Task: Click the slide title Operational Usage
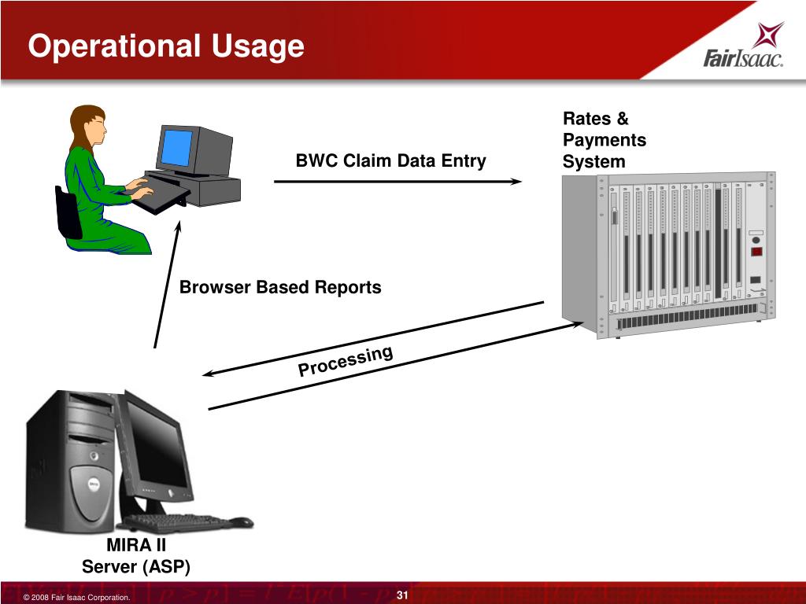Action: pos(166,46)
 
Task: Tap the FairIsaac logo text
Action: pos(742,59)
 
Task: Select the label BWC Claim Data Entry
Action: pos(390,161)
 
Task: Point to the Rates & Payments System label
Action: pos(604,141)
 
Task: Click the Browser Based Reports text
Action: pos(280,288)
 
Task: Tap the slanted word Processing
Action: pos(346,362)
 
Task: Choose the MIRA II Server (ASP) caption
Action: pos(136,556)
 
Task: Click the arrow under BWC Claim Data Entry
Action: pos(397,182)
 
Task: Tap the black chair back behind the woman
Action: pos(68,212)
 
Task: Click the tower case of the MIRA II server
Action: pos(71,464)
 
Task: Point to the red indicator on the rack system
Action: pos(756,252)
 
